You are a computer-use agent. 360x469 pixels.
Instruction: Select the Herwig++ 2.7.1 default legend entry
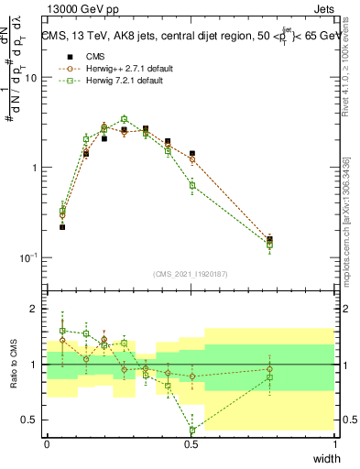click(116, 69)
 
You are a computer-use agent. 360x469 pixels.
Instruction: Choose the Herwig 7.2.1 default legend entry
click(113, 82)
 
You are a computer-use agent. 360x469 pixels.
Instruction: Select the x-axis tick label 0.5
click(191, 443)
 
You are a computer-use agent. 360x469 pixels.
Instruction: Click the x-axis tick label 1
click(335, 443)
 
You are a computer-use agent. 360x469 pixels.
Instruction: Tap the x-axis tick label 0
click(47, 443)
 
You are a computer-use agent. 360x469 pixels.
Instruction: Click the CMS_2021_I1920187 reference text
click(191, 274)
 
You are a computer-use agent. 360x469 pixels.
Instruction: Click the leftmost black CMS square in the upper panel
click(62, 226)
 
